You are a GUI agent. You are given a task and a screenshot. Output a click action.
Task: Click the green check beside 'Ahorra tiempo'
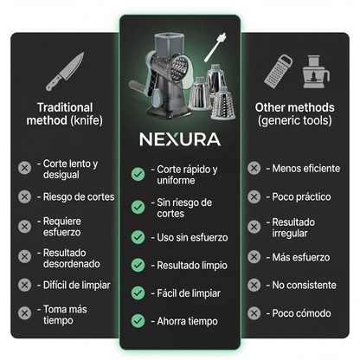[138, 320]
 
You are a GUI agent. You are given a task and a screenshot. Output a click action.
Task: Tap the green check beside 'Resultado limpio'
[138, 264]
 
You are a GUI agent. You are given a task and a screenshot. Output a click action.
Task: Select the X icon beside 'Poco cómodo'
[254, 312]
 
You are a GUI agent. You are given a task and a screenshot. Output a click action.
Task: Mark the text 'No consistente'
[300, 284]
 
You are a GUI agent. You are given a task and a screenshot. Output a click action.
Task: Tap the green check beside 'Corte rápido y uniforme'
[138, 174]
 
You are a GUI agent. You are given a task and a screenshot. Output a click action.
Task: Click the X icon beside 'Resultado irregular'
[254, 226]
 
